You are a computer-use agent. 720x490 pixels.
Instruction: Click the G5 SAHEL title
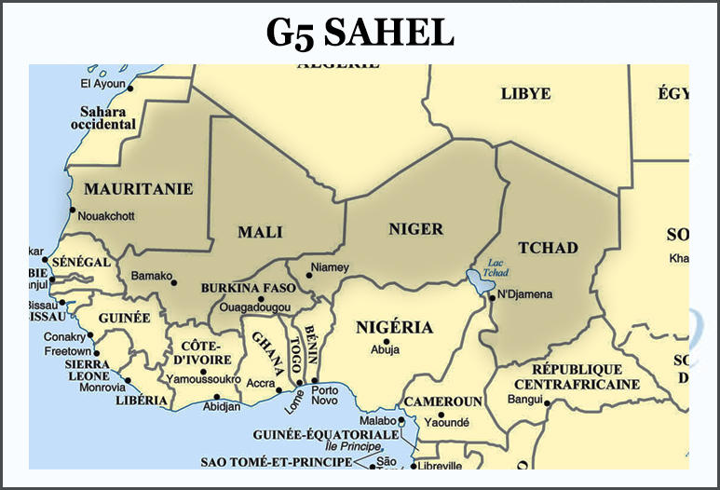[x=360, y=33]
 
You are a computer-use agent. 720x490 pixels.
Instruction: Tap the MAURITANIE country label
[x=139, y=189]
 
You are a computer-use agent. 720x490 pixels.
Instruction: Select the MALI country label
[x=260, y=232]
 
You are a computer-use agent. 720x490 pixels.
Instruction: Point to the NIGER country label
[x=414, y=229]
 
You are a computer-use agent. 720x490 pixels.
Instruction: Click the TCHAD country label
[x=548, y=248]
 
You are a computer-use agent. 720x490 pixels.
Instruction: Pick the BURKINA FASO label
[x=248, y=289]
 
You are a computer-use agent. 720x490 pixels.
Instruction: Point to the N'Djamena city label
[x=525, y=295]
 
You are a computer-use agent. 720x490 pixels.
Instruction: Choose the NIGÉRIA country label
[x=394, y=327]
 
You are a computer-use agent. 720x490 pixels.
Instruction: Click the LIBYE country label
[x=525, y=94]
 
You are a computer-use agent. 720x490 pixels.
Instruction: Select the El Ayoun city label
[x=102, y=84]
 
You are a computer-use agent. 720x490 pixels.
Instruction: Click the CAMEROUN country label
[x=442, y=402]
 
